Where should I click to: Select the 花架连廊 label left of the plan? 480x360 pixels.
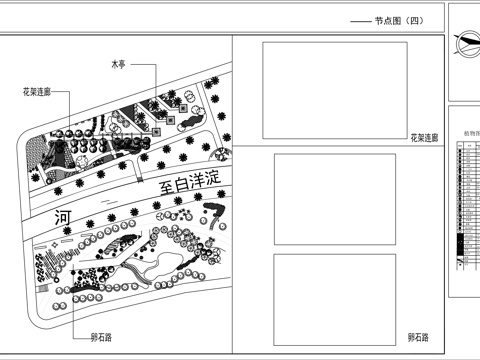point(38,93)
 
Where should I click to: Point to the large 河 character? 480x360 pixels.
point(64,215)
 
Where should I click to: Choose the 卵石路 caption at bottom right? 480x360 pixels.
point(418,338)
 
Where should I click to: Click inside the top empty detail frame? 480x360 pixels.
point(333,90)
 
